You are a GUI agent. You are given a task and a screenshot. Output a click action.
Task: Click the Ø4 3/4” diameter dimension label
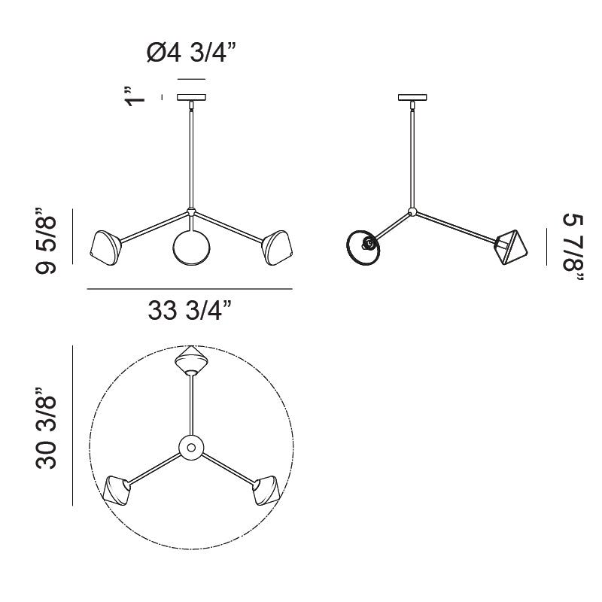(191, 53)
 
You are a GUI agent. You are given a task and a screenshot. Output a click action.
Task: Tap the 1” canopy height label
(135, 96)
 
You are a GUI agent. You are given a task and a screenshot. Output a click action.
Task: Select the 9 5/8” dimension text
(46, 241)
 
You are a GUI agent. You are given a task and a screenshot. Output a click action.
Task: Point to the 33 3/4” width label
(190, 310)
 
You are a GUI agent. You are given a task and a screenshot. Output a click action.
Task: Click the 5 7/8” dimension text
(573, 248)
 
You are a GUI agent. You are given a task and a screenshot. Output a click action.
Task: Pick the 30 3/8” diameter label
(46, 427)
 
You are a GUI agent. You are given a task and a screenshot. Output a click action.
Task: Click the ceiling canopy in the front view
(191, 98)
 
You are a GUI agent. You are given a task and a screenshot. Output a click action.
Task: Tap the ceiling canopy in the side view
(412, 98)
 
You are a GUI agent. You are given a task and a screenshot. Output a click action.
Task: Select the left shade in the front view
(105, 248)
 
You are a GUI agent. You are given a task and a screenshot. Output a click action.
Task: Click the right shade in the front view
(277, 248)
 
